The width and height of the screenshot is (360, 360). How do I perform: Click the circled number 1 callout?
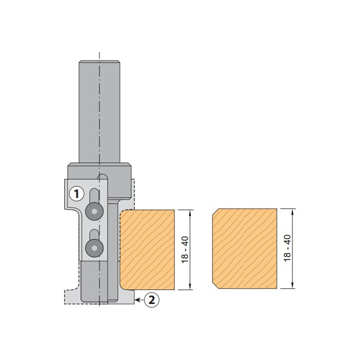pos(76,194)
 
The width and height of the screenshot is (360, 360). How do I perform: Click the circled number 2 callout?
pos(151,299)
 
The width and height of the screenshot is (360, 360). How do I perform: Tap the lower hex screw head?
pos(94,248)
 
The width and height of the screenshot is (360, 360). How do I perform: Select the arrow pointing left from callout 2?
pos(139,300)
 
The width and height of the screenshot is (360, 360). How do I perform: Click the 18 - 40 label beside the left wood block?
pos(185,249)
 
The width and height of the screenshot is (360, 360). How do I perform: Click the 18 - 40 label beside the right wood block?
pos(287,248)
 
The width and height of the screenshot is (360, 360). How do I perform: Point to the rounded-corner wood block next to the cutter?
pos(147,249)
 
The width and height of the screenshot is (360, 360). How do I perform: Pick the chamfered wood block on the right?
pos(244,248)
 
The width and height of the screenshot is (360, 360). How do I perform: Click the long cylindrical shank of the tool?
pos(99,112)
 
